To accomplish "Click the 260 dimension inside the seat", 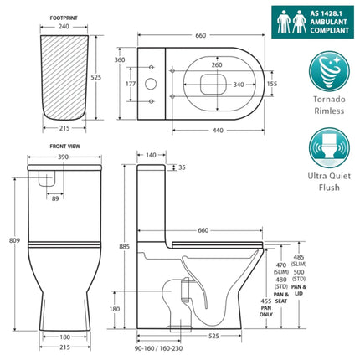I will (218, 65).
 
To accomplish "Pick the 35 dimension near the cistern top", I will (182, 167).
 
